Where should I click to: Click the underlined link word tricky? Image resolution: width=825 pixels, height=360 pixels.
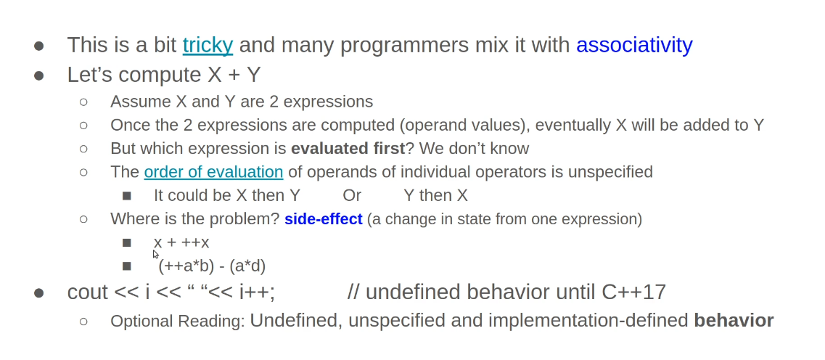point(208,46)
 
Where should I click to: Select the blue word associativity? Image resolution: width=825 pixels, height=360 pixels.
point(634,46)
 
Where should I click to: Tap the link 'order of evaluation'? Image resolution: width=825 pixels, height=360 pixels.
point(213,172)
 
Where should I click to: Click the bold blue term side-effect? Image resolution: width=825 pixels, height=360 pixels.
point(324,219)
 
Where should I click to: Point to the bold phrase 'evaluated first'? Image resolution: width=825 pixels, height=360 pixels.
point(348,148)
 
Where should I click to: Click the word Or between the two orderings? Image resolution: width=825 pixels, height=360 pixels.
point(352,196)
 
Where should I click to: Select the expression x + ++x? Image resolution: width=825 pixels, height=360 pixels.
point(181,242)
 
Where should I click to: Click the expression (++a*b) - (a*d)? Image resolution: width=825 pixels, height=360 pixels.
point(212,266)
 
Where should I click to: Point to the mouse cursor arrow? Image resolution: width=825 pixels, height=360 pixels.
point(156,254)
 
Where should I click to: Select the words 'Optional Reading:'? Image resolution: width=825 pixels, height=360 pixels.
point(178,321)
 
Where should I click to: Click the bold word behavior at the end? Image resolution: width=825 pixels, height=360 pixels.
point(734,321)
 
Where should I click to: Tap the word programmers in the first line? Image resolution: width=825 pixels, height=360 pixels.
point(404,46)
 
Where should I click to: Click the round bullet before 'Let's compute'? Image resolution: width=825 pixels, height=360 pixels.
point(39,75)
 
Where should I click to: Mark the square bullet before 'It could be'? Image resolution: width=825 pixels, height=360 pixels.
point(126,196)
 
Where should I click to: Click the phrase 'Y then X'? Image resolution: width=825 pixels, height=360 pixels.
point(435,196)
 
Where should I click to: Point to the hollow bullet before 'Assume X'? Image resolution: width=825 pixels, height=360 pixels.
point(83,102)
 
